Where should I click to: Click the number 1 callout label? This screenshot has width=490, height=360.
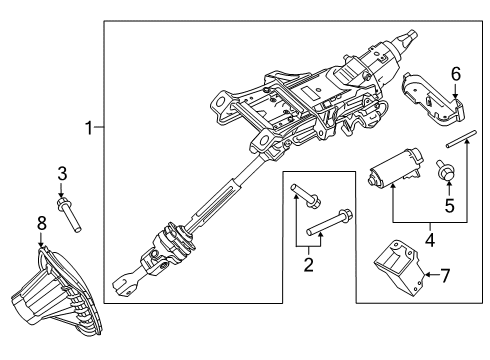(89, 128)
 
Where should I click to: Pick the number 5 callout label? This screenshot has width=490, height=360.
(449, 207)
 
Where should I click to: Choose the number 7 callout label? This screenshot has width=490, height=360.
(445, 273)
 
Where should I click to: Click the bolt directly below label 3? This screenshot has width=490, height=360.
(69, 214)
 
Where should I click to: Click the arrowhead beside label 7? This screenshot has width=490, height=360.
(428, 273)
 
